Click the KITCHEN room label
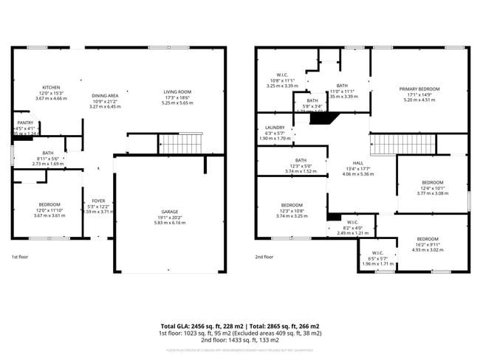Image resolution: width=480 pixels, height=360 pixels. coord(51,87)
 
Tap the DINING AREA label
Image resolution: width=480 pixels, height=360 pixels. coord(105,95)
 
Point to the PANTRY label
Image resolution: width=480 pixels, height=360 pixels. coord(24,123)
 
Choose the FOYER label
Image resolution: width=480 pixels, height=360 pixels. coord(98,201)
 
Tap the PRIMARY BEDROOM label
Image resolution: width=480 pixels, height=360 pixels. coord(419,89)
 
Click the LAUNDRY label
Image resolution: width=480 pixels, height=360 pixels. coord(275,127)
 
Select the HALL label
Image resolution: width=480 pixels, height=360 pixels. coord(357,163)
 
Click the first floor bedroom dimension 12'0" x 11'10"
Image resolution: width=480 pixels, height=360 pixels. coord(51,210)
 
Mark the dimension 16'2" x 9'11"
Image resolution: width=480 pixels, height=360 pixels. coord(428,245)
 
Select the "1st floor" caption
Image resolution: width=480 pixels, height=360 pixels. coord(19,257)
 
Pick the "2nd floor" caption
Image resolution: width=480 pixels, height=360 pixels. coord(264,257)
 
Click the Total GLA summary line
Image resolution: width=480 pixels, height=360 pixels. coord(240,326)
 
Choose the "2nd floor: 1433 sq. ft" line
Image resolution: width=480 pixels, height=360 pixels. coord(240,340)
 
